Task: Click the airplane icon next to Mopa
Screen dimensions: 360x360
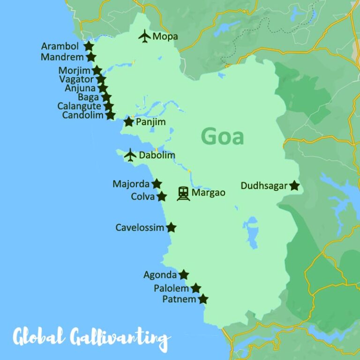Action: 144,36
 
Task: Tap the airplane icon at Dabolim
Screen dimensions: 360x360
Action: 130,155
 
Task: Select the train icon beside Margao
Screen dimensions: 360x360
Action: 183,193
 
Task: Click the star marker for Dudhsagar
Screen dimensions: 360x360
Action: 294,186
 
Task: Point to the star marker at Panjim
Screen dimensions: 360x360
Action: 129,122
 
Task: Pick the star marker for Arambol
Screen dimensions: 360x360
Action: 88,46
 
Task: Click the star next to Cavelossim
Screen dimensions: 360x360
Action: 172,227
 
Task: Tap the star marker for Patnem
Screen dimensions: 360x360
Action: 203,299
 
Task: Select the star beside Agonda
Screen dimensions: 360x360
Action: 184,275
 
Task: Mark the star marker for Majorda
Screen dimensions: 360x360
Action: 157,184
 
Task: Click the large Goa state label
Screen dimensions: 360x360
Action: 222,136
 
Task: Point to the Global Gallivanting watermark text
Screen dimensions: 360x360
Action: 91,337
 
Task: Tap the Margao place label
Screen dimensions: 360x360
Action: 209,193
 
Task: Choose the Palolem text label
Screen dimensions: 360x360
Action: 171,288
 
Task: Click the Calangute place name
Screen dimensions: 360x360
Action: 79,106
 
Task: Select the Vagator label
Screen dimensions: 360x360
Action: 76,79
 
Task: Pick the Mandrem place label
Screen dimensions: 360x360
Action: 62,57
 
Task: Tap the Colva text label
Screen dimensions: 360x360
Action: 142,197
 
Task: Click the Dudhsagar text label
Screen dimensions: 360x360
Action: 263,186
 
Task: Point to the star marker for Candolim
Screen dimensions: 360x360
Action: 110,115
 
